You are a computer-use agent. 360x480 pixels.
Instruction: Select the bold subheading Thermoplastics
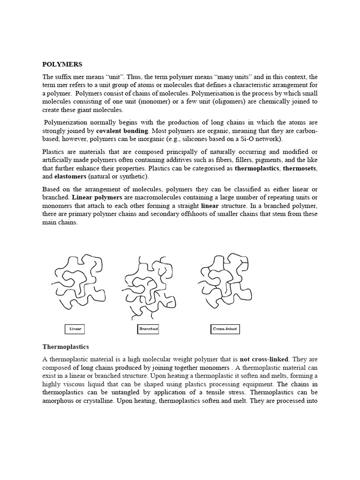click(66, 347)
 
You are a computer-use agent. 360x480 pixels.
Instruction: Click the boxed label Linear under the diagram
click(75, 329)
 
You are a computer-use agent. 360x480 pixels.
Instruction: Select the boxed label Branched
click(148, 329)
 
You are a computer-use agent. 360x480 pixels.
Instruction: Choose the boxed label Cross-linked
click(225, 329)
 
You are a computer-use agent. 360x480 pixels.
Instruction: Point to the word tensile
click(219, 392)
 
